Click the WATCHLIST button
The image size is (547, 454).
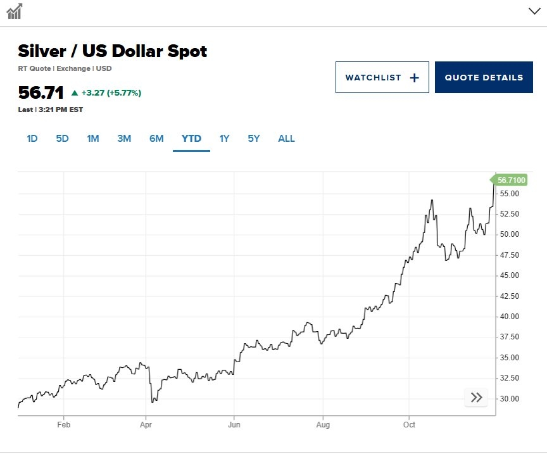tap(382, 77)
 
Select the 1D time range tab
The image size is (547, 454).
tap(32, 139)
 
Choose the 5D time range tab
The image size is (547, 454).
tap(62, 139)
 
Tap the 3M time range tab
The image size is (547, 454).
tap(124, 139)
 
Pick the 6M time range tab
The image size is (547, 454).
tap(156, 139)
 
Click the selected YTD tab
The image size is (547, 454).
tap(191, 139)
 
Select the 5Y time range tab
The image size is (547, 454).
tap(253, 139)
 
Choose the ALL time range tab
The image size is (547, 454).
tap(286, 139)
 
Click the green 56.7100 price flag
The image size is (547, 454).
tap(510, 180)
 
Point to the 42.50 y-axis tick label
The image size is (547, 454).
tap(509, 296)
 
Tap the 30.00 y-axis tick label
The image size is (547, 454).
tap(509, 399)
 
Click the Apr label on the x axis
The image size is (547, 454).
tap(146, 425)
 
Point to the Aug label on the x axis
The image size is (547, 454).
tap(323, 425)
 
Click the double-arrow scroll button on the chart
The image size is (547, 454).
tap(477, 398)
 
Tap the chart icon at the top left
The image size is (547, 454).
tap(15, 11)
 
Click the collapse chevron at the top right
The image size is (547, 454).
tap(534, 11)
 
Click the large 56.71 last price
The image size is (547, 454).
tap(41, 92)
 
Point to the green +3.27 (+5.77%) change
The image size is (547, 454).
tap(106, 93)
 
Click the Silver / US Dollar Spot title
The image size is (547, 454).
tap(112, 51)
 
